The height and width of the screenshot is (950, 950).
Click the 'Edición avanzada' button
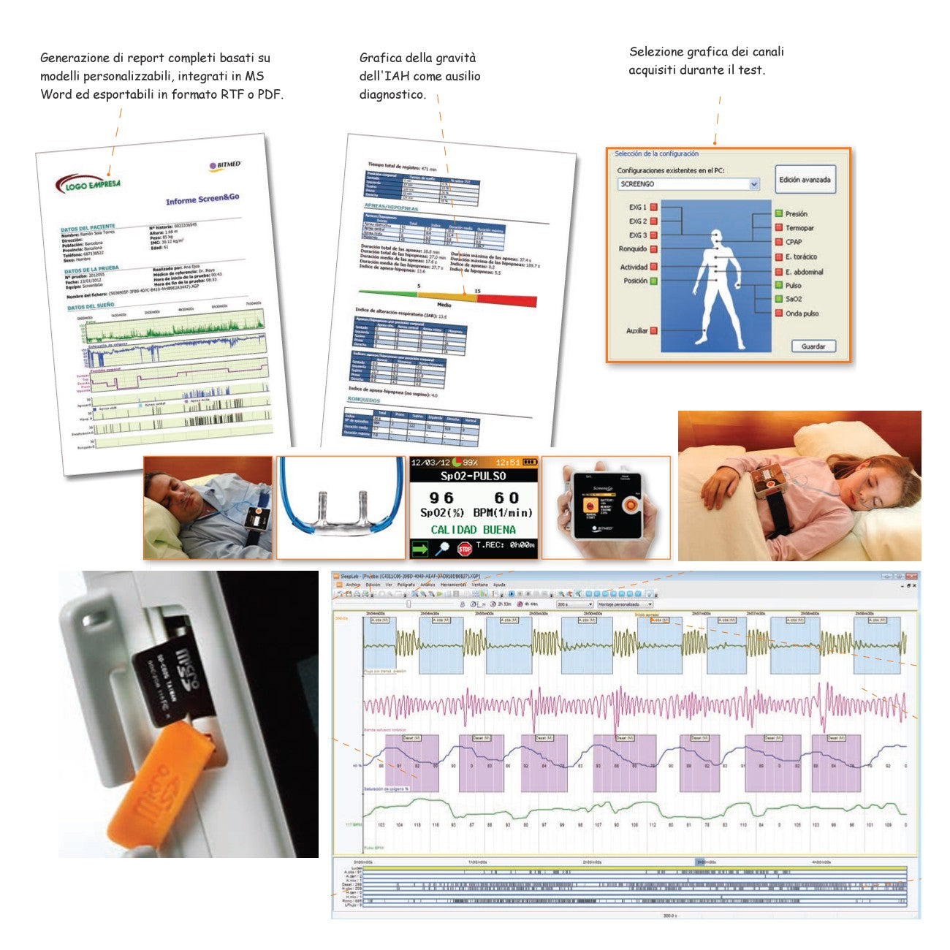pos(804,180)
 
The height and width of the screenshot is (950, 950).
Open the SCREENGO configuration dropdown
pos(754,184)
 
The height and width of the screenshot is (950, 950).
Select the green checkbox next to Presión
pos(779,213)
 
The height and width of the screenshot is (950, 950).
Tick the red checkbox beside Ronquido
pos(654,249)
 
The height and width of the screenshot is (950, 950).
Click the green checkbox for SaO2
pos(779,299)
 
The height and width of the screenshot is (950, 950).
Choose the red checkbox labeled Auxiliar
pos(654,330)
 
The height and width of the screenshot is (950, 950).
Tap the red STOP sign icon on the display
pos(464,548)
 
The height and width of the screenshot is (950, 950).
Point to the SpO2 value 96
pos(441,498)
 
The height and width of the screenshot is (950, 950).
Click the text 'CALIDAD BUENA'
pos(473,530)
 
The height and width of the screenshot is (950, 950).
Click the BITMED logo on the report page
pos(225,166)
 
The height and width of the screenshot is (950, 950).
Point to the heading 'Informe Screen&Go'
pos(202,199)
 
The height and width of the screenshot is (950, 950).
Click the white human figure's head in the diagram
pos(717,237)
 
